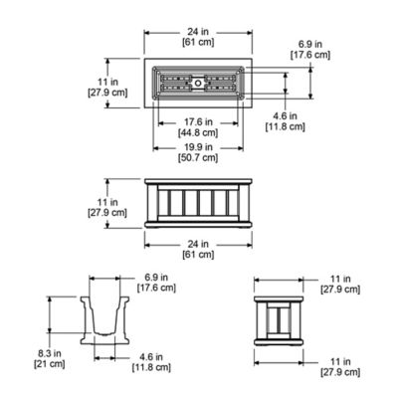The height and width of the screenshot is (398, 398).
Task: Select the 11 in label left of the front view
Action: point(118,207)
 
